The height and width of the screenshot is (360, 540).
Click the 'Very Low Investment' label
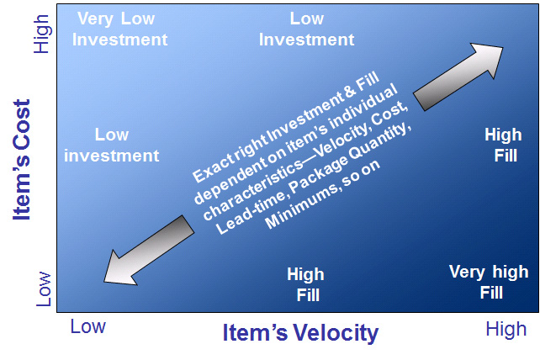pos(119,29)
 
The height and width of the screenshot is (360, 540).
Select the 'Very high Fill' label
pos(489,282)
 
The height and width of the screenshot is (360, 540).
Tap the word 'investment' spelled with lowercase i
pos(112,156)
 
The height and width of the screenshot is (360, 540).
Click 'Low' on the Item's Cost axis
pos(44,289)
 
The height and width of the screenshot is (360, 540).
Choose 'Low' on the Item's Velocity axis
pos(87,326)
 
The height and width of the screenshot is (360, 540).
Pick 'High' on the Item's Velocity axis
pos(506,330)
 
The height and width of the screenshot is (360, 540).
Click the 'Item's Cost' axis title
pos(22,160)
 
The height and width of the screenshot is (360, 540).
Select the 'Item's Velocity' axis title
pos(300,333)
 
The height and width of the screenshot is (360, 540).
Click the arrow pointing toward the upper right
pos(458,77)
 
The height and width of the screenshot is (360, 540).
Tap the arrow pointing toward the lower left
pos(149,250)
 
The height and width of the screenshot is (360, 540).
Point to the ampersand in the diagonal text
pos(350,91)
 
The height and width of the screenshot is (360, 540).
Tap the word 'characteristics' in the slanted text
pos(253,189)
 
